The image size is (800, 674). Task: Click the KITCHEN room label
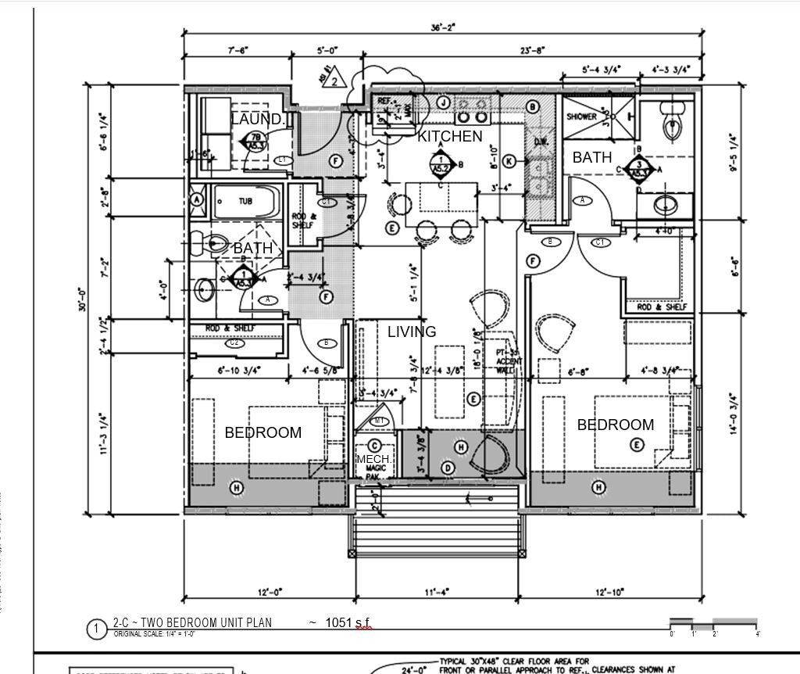[x=450, y=136]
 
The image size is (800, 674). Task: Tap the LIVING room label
[x=412, y=332]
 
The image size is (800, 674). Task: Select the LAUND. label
[x=257, y=119]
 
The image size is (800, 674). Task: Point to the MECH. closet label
[x=373, y=458]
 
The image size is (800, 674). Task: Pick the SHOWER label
[x=581, y=117]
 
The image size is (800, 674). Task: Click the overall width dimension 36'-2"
[x=443, y=27]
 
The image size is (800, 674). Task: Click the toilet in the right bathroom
[x=670, y=126]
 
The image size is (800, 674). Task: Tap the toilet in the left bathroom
[x=215, y=244]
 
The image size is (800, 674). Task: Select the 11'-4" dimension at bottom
[x=436, y=593]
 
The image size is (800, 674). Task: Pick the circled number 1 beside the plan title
[x=97, y=629]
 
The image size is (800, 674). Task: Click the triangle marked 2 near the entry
[x=334, y=80]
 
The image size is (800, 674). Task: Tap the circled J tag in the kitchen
[x=443, y=102]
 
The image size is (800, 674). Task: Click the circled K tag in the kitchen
[x=509, y=161]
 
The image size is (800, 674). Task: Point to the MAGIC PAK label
[x=376, y=472]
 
